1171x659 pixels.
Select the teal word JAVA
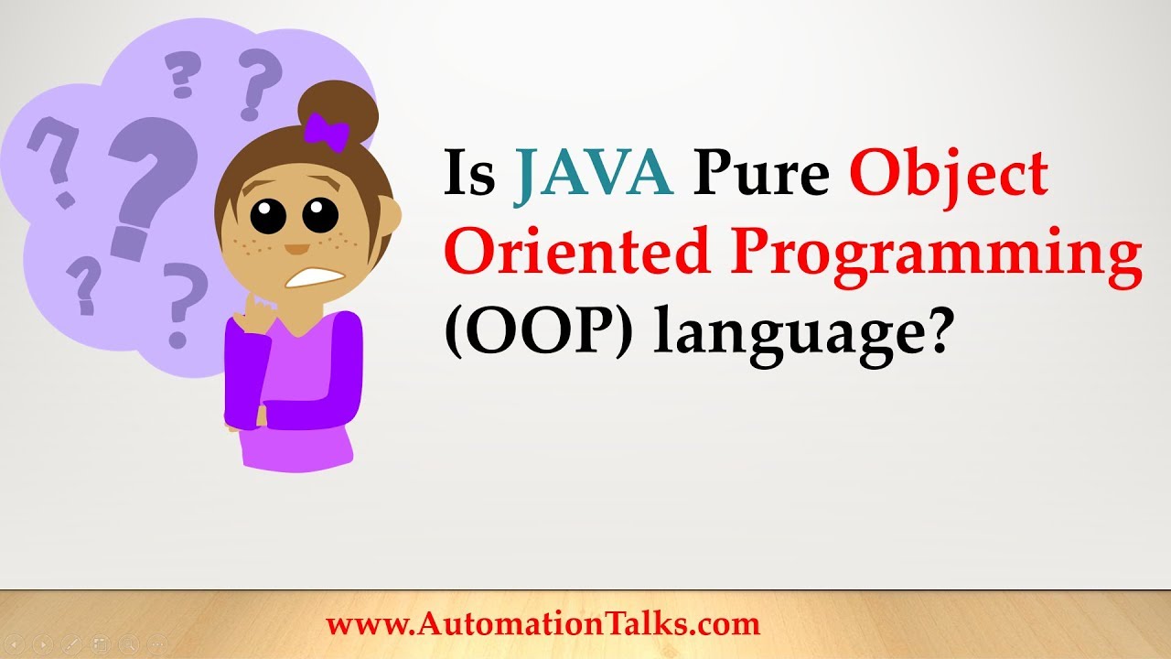coord(594,173)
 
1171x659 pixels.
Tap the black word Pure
coord(762,173)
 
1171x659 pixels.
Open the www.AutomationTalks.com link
coord(543,624)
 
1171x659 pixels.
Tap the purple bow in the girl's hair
coord(327,131)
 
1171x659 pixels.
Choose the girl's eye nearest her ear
coord(321,216)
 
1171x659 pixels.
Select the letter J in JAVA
coord(530,175)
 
